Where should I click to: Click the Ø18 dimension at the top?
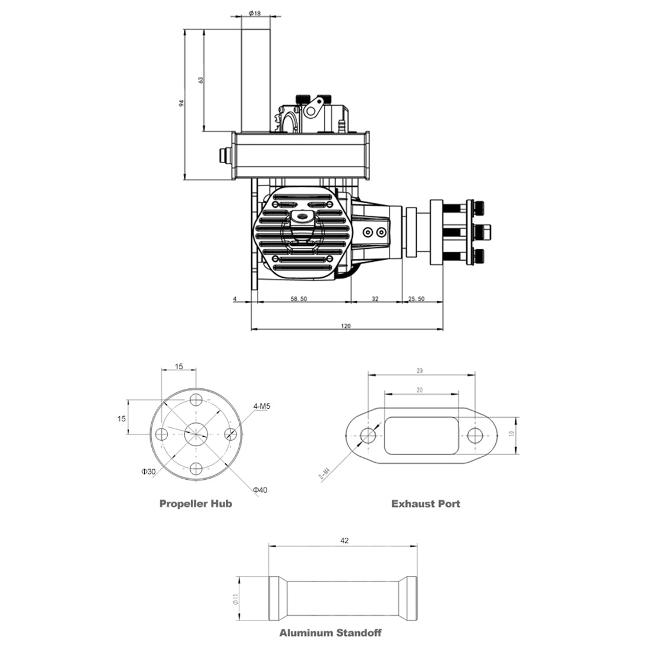pyautogui.click(x=256, y=12)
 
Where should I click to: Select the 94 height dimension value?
pyautogui.click(x=182, y=103)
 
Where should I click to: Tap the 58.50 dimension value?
pyautogui.click(x=299, y=300)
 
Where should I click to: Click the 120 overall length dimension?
pyautogui.click(x=346, y=326)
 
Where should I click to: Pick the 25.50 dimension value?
pyautogui.click(x=417, y=300)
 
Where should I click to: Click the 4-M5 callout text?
pyautogui.click(x=262, y=407)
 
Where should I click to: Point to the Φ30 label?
pyautogui.click(x=148, y=472)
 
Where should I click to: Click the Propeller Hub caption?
pyautogui.click(x=196, y=504)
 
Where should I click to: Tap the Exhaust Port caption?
pyautogui.click(x=425, y=504)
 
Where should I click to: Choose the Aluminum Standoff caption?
pyautogui.click(x=330, y=633)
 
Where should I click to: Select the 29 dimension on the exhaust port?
pyautogui.click(x=419, y=371)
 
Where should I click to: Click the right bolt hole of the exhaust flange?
pyautogui.click(x=475, y=435)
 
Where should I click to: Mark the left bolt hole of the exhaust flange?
pyautogui.click(x=368, y=435)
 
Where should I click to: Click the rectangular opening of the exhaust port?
pyautogui.click(x=421, y=435)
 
